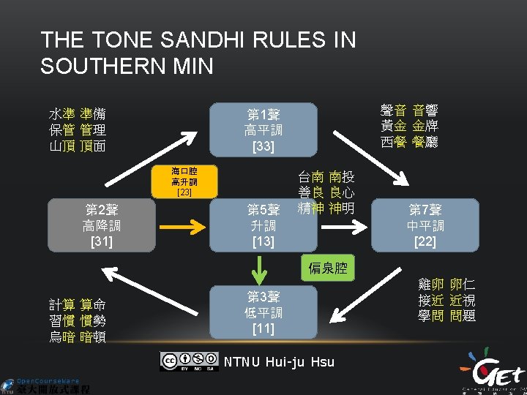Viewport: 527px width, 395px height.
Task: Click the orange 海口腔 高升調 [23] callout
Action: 184,182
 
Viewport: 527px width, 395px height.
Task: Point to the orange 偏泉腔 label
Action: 327,268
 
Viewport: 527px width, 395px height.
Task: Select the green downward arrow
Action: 258,269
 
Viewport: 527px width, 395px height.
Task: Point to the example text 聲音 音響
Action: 409,110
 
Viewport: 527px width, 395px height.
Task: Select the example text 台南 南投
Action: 326,177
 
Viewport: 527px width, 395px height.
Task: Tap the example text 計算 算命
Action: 78,304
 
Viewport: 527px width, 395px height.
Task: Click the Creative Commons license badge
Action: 190,361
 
